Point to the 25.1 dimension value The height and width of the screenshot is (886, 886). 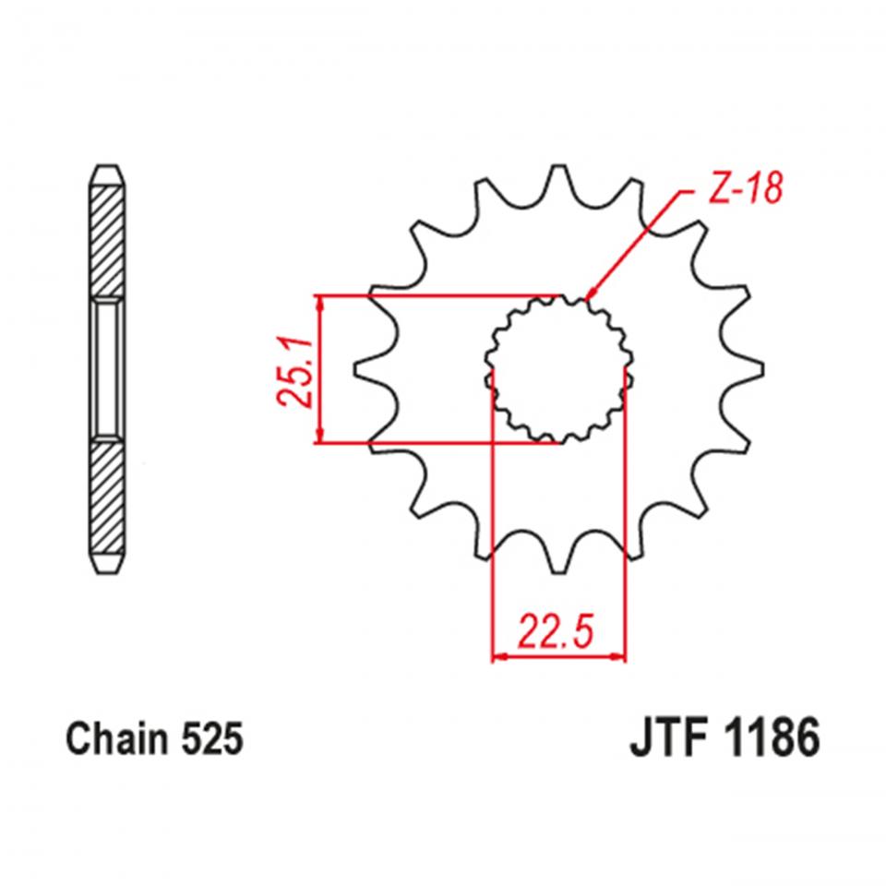tap(293, 370)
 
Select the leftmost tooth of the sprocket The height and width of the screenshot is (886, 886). tap(365, 369)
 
